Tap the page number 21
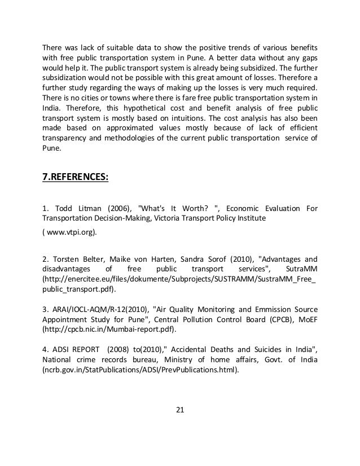(180, 410)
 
